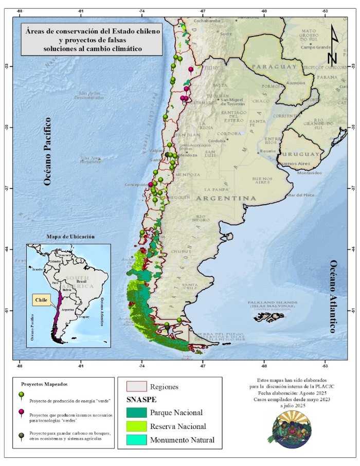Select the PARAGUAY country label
coord(275,66)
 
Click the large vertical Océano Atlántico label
coord(333,296)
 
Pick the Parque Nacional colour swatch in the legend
coord(137,413)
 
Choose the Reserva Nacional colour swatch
coord(137,426)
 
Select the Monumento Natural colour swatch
coord(137,440)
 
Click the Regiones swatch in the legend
coord(137,386)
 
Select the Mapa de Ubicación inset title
coord(70,236)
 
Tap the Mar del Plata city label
coord(300,195)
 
